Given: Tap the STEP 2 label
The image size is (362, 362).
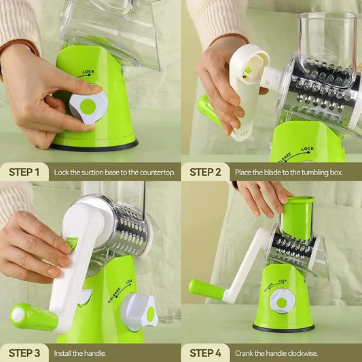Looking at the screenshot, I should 205,172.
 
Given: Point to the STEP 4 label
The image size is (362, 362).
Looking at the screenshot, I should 205,352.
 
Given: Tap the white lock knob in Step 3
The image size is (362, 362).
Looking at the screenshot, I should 139,312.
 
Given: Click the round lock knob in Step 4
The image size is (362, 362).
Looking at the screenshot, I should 282,301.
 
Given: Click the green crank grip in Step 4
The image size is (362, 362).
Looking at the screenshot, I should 206,289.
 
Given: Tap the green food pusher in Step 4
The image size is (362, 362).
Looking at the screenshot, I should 297,217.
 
